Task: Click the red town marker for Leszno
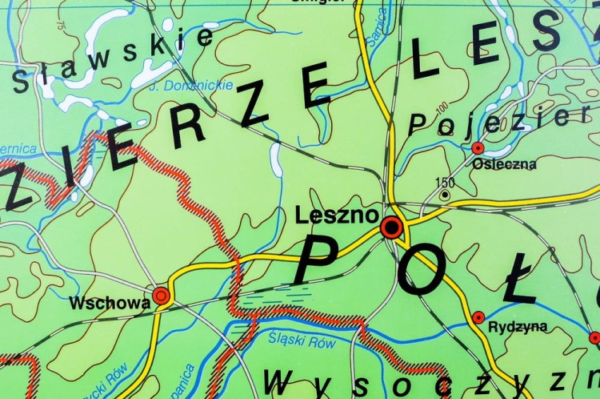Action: click(391, 228)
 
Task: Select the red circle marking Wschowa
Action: click(162, 296)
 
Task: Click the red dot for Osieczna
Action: click(478, 148)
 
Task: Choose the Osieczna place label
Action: click(504, 164)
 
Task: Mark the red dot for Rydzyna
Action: click(478, 317)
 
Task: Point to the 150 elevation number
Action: click(446, 182)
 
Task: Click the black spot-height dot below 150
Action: click(445, 194)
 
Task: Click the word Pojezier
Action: click(499, 119)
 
